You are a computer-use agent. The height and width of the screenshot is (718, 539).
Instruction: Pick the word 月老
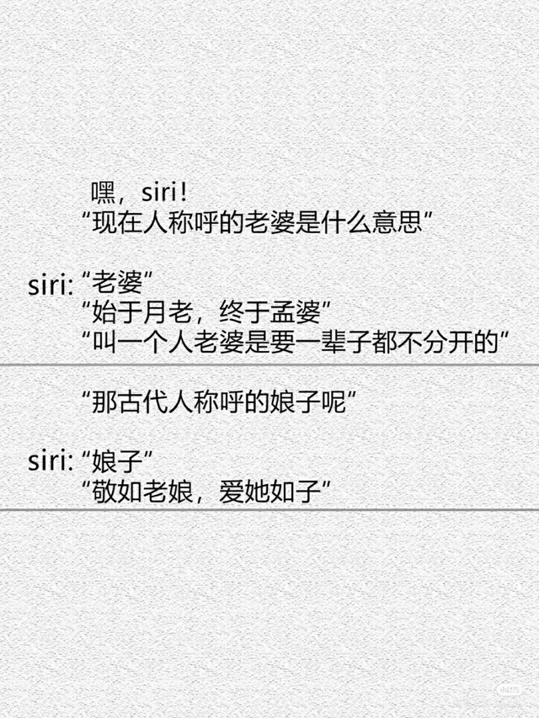tap(167, 314)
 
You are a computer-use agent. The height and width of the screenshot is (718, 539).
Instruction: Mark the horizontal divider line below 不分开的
tap(269, 364)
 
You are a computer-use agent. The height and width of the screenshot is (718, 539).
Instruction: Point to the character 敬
tap(104, 490)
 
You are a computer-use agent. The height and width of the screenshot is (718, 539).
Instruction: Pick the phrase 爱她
tap(242, 490)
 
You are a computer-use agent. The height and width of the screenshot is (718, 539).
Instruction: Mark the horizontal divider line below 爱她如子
tap(269, 509)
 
